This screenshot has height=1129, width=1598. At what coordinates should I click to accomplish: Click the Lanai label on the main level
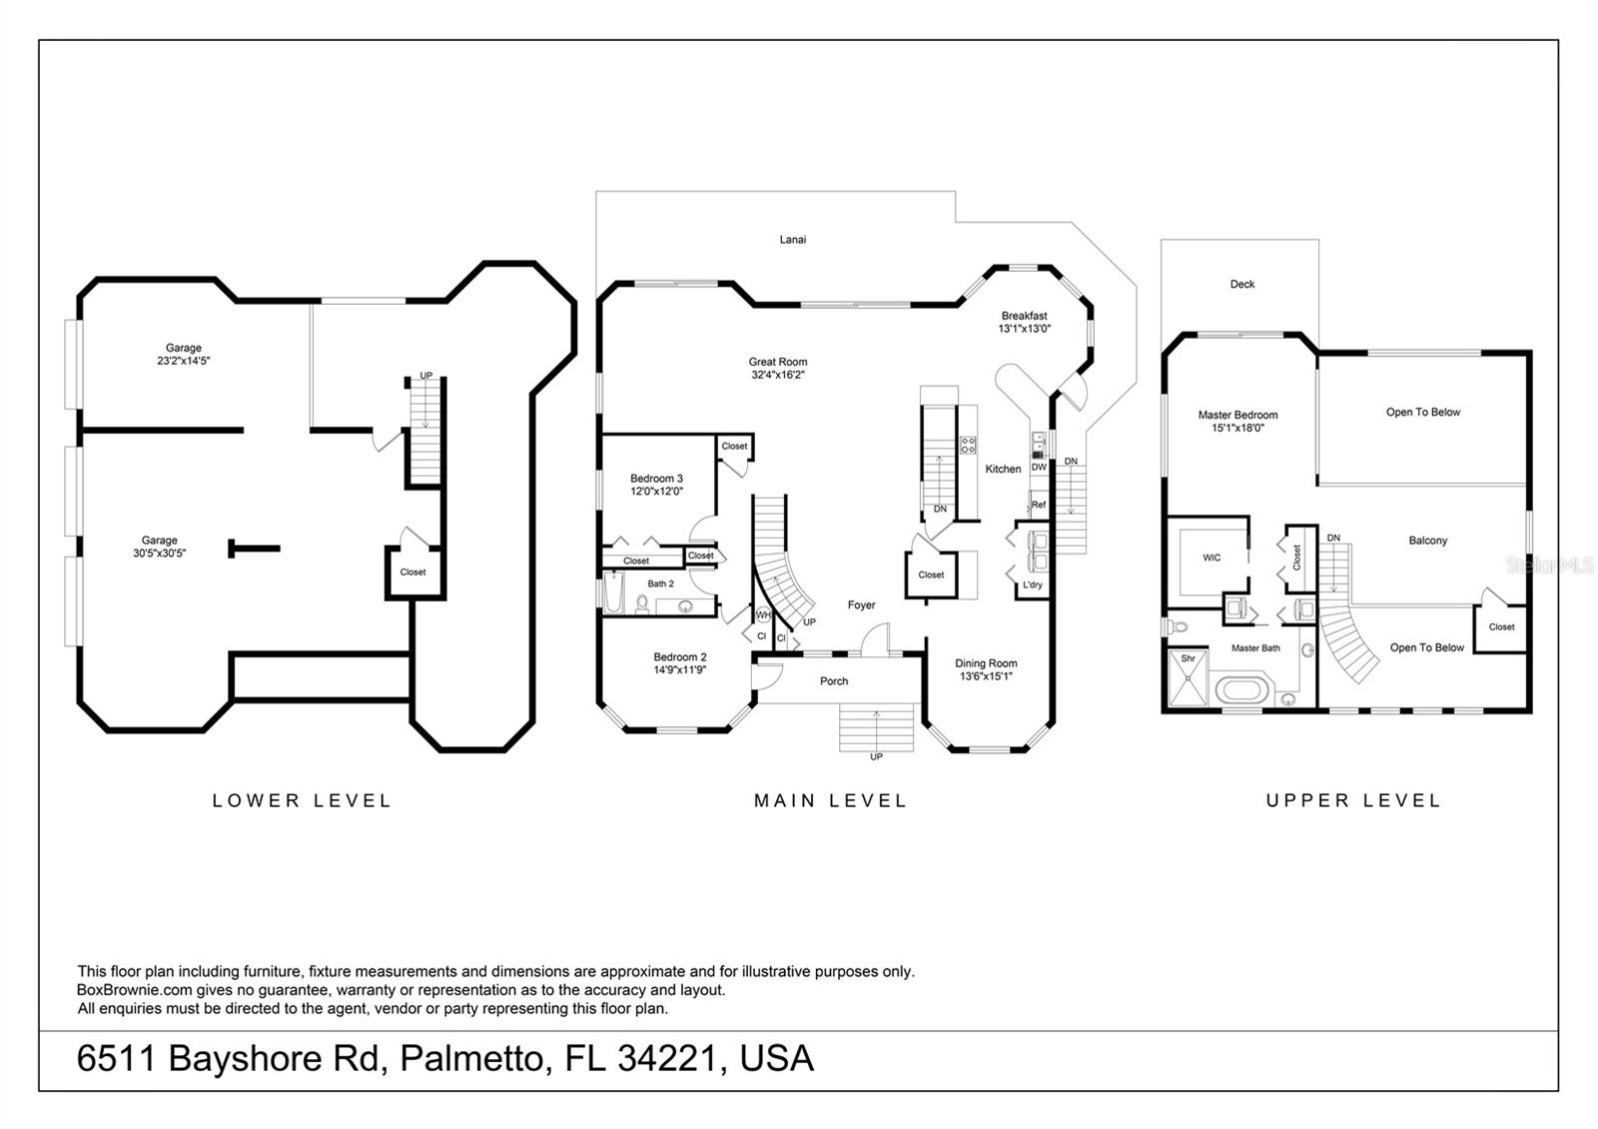[x=793, y=240]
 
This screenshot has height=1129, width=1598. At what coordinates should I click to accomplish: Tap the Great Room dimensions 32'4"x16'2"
[x=778, y=375]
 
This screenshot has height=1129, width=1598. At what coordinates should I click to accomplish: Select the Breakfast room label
[x=1025, y=316]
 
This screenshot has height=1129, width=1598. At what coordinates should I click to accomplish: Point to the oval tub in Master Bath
[x=1240, y=690]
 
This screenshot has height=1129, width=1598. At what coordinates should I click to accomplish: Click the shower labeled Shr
[x=1188, y=677]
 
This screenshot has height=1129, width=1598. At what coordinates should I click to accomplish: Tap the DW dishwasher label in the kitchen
[x=1039, y=468]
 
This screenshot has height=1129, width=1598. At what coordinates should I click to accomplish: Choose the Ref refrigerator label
[x=1039, y=505]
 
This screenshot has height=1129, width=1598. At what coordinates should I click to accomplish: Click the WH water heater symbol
[x=763, y=614]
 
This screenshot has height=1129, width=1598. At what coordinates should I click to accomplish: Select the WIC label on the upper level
[x=1211, y=558]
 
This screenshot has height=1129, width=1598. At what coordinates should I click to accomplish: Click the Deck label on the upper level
[x=1242, y=284]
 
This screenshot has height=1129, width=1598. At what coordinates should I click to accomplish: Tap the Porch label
[x=834, y=681]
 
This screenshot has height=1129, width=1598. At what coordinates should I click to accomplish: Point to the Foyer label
[x=861, y=605]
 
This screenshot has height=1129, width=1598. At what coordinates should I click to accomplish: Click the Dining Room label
[x=986, y=663]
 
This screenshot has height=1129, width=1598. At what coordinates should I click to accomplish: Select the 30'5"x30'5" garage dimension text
[x=159, y=554]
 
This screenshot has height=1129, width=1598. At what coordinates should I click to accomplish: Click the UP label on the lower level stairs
[x=425, y=376]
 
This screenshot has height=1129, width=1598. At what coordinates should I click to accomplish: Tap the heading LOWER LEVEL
[x=302, y=800]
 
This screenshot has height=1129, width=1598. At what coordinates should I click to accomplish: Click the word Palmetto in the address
[x=475, y=1058]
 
